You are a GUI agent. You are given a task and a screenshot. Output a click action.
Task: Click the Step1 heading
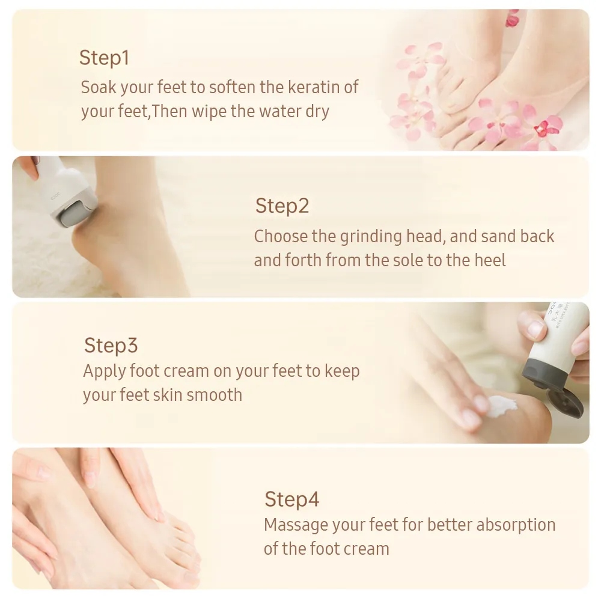(104, 58)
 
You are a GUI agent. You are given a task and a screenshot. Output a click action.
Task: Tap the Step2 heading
(282, 206)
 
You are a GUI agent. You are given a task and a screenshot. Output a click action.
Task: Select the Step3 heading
(111, 346)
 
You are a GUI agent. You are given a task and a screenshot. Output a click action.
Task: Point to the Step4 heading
(291, 499)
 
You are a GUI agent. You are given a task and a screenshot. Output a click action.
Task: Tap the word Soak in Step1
(98, 87)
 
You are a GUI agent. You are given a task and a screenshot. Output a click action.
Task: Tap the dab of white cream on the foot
(501, 406)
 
